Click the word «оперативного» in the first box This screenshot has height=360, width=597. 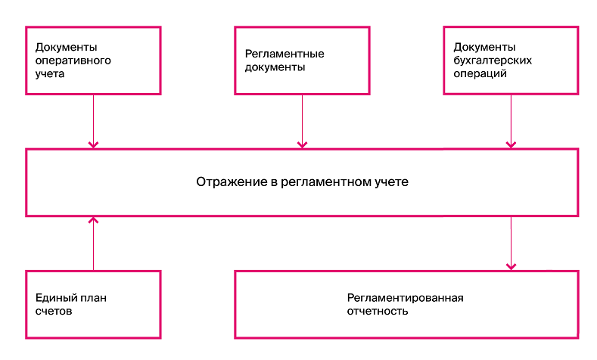pyautogui.click(x=73, y=61)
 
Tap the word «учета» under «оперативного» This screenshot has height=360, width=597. pyautogui.click(x=50, y=74)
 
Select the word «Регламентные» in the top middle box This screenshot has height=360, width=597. pyautogui.click(x=285, y=54)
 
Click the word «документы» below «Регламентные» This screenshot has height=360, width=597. pyautogui.click(x=275, y=68)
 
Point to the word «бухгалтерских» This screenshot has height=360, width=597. pyautogui.click(x=493, y=61)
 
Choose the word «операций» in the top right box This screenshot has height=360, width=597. pyautogui.click(x=480, y=74)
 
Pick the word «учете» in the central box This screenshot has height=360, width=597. pyautogui.click(x=391, y=183)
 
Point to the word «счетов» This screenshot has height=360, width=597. pyautogui.click(x=54, y=312)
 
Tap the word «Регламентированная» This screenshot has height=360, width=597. pyautogui.click(x=405, y=298)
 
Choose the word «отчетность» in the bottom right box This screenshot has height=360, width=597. pyautogui.click(x=378, y=312)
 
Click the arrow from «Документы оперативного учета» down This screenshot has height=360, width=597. pyautogui.click(x=93, y=122)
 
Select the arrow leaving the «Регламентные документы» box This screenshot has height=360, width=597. pyautogui.click(x=303, y=122)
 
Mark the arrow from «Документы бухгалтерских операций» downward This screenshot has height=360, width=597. pyautogui.click(x=511, y=122)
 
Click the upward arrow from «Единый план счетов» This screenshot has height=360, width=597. pyautogui.click(x=93, y=244)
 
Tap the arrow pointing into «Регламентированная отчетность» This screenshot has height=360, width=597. pyautogui.click(x=511, y=244)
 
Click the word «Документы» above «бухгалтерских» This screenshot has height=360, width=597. pyautogui.click(x=484, y=47)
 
